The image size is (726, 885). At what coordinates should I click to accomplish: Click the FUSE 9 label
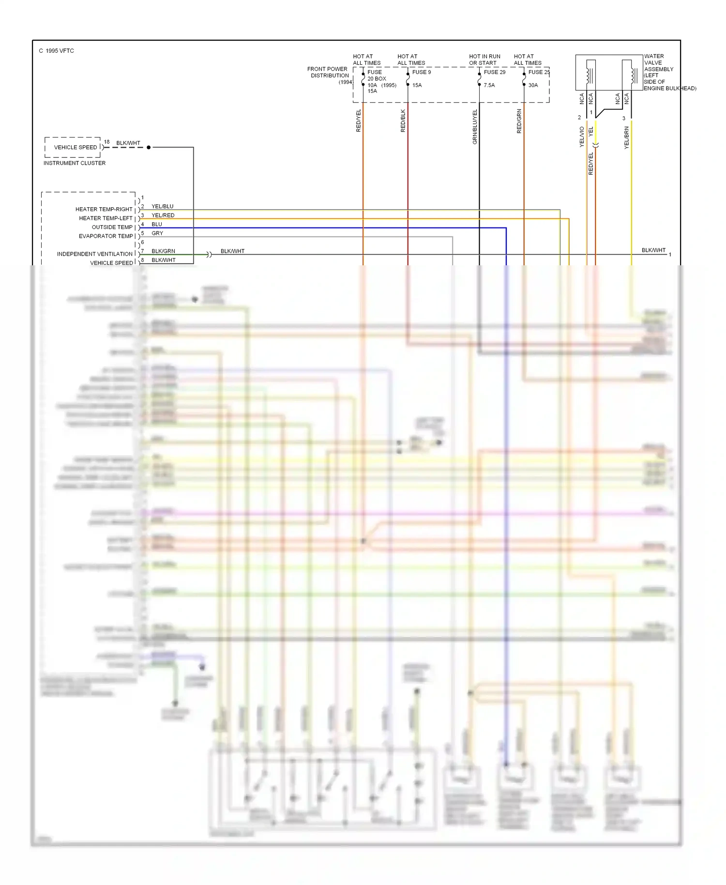pos(421,72)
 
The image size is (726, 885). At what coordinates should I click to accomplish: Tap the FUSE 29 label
pos(494,72)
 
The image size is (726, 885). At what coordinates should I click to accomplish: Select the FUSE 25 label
pos(539,72)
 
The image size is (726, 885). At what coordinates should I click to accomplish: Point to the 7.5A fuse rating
pos(489,85)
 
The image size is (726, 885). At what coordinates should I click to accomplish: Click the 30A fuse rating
pos(533,85)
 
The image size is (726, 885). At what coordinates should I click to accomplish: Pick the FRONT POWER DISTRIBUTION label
pos(328,72)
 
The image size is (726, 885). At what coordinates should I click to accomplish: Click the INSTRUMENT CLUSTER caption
pos(75,163)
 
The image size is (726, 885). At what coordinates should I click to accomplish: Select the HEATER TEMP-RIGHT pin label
pos(104,209)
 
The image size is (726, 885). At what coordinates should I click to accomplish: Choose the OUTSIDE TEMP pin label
pos(112,227)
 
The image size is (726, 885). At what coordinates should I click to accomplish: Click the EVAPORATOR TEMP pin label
pos(106,236)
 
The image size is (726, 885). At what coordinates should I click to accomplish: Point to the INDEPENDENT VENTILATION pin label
pos(94,254)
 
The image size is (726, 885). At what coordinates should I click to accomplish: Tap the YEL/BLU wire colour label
pos(162,206)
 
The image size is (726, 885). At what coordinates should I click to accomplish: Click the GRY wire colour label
pos(157,233)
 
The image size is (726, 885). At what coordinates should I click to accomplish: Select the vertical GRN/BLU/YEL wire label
pos(475,127)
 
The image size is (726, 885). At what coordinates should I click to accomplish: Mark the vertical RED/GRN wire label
pos(519,121)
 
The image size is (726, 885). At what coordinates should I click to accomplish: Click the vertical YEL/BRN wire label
pos(627,137)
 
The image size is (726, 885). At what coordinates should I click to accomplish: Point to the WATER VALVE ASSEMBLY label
pos(658,72)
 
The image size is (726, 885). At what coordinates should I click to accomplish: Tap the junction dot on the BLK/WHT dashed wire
pos(149,147)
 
